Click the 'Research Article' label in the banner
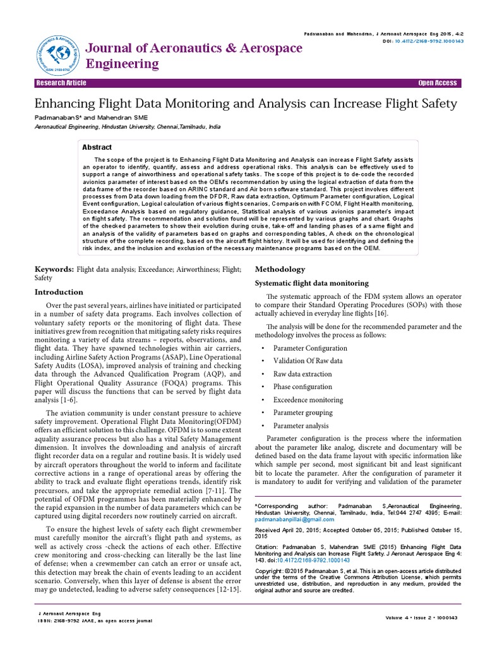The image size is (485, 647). point(61,83)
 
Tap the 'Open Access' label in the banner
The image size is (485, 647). point(438,83)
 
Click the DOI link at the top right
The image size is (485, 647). point(429,40)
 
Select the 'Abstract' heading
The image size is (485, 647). point(98,147)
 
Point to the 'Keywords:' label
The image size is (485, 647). point(54,270)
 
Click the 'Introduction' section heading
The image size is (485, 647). point(59,292)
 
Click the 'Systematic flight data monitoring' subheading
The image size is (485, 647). point(311,283)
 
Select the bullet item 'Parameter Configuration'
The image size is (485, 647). point(310,348)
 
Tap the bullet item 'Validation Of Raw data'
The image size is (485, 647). point(308,361)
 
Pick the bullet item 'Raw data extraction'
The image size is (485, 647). point(302,374)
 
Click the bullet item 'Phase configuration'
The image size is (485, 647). point(302,387)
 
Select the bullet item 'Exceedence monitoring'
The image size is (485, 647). point(308,400)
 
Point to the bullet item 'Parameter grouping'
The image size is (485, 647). point(302,413)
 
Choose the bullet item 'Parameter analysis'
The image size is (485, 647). point(301,426)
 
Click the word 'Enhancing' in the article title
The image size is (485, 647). point(69,103)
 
